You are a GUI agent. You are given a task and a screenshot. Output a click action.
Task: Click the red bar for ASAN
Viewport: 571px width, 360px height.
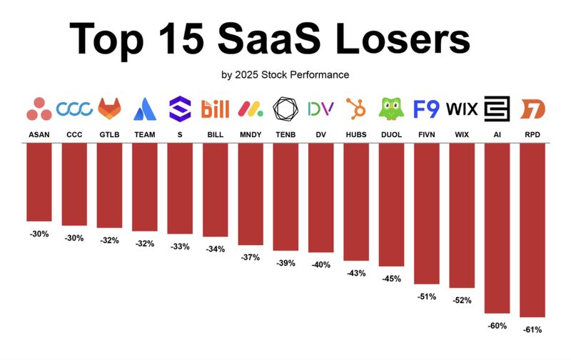click(x=39, y=182)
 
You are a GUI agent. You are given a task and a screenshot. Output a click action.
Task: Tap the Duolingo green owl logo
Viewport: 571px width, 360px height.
click(x=390, y=109)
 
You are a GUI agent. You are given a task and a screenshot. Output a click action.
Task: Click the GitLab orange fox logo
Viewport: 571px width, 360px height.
click(x=109, y=109)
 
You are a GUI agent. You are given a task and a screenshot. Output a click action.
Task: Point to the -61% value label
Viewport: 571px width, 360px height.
click(x=532, y=330)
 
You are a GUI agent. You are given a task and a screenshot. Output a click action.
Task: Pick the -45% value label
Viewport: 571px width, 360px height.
click(x=390, y=279)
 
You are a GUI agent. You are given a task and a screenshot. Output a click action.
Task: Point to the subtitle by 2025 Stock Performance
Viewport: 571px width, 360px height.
click(x=285, y=74)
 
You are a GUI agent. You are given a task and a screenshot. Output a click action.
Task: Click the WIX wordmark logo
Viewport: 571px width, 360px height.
click(x=461, y=109)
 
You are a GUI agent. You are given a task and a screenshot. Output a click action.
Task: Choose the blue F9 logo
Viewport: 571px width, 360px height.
click(x=426, y=109)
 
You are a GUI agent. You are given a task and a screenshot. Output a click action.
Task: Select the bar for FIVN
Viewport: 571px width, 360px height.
click(x=426, y=214)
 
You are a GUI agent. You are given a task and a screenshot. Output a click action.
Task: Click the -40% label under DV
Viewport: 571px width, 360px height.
click(x=320, y=265)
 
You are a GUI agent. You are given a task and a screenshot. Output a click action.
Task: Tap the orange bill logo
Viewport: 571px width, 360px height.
click(x=215, y=109)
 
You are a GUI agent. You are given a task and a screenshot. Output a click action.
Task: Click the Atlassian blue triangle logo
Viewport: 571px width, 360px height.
click(x=144, y=109)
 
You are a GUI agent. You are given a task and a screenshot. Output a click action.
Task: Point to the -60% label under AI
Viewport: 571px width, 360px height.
click(x=497, y=326)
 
